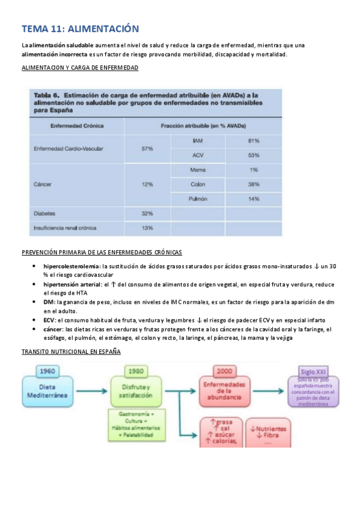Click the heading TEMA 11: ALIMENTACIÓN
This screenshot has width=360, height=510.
80,29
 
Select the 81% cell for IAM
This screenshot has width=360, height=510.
253,140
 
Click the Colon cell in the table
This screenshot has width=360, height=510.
198,184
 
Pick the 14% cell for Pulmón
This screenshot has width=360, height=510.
253,198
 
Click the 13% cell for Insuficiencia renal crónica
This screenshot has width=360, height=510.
147,228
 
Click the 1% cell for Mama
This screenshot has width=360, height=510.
253,170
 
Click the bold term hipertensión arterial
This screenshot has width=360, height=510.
69,284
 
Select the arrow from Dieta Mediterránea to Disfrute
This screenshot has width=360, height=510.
94,390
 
